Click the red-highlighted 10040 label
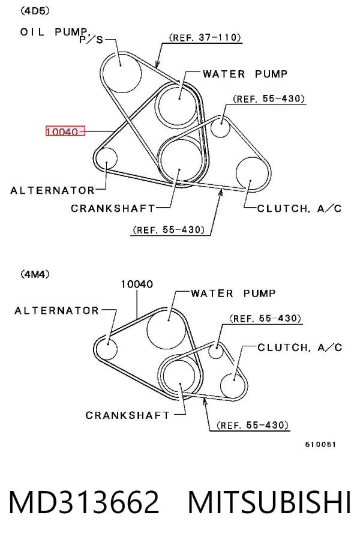click(65, 131)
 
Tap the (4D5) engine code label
click(35, 11)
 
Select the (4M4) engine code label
click(35, 274)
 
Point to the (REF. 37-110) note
click(205, 37)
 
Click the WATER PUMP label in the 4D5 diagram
click(245, 74)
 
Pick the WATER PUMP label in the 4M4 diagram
click(233, 294)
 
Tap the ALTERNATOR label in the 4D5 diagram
click(52, 190)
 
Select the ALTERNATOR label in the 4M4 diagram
click(57, 310)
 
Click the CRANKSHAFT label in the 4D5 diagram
click(113, 208)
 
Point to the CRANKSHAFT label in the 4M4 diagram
click(128, 415)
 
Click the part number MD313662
click(84, 502)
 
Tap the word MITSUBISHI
click(269, 502)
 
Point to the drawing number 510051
click(320, 444)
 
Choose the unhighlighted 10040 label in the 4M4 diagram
click(137, 285)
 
